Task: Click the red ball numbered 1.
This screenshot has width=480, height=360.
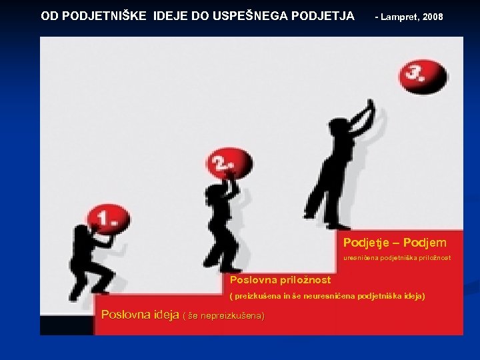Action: pyautogui.click(x=106, y=218)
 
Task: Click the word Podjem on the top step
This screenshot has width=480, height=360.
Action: pyautogui.click(x=425, y=243)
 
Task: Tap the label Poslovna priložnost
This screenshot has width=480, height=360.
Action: pyautogui.click(x=280, y=280)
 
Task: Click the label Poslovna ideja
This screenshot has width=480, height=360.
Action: pyautogui.click(x=139, y=315)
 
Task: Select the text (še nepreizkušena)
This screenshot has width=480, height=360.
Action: pyautogui.click(x=223, y=315)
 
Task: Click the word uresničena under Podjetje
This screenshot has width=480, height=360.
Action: pyautogui.click(x=360, y=257)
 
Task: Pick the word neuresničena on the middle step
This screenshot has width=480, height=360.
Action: pyautogui.click(x=331, y=295)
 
